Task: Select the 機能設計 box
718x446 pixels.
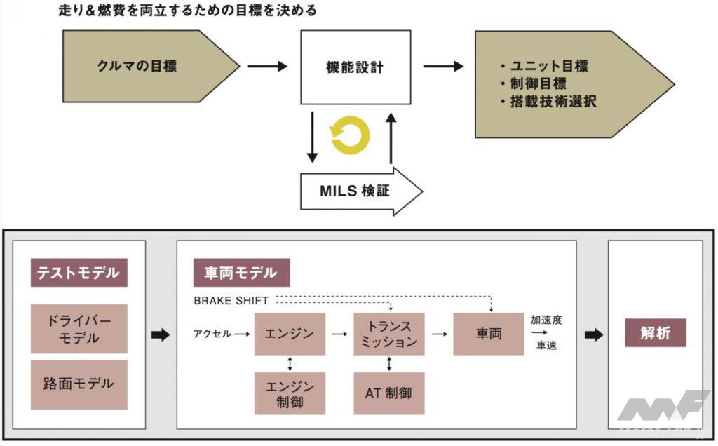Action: [355, 67]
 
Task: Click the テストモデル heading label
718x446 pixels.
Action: [79, 273]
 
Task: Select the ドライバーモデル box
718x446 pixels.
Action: [79, 328]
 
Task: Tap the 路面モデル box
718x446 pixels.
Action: [79, 384]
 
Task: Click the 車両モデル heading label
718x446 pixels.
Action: [241, 273]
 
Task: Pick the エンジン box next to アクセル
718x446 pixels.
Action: [290, 334]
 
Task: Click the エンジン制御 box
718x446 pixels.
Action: [290, 393]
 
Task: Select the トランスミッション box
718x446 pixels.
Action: [389, 334]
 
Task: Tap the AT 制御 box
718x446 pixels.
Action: [389, 393]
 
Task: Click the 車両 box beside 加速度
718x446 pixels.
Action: [489, 334]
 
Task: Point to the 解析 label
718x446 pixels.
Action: [655, 334]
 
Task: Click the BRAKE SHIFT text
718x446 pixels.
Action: [231, 301]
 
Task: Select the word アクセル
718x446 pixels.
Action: [212, 334]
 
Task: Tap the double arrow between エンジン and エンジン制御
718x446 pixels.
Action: [290, 363]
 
